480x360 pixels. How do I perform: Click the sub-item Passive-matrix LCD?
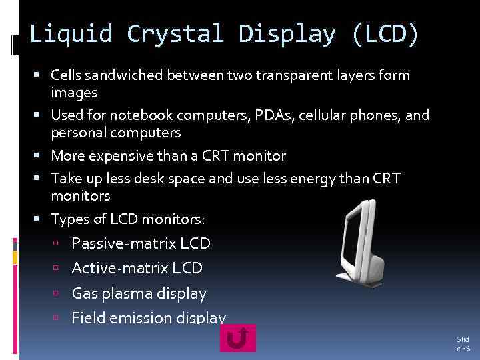coord(141,243)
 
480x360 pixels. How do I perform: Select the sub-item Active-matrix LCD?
coord(137,268)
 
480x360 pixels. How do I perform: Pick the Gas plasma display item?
coord(139,293)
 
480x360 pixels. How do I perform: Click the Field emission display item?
coord(148,318)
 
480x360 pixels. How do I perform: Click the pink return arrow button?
coord(237,337)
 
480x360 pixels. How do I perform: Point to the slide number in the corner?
coord(463,344)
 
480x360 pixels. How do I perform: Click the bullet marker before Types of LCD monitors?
coord(42,219)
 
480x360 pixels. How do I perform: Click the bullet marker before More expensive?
coord(42,157)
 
